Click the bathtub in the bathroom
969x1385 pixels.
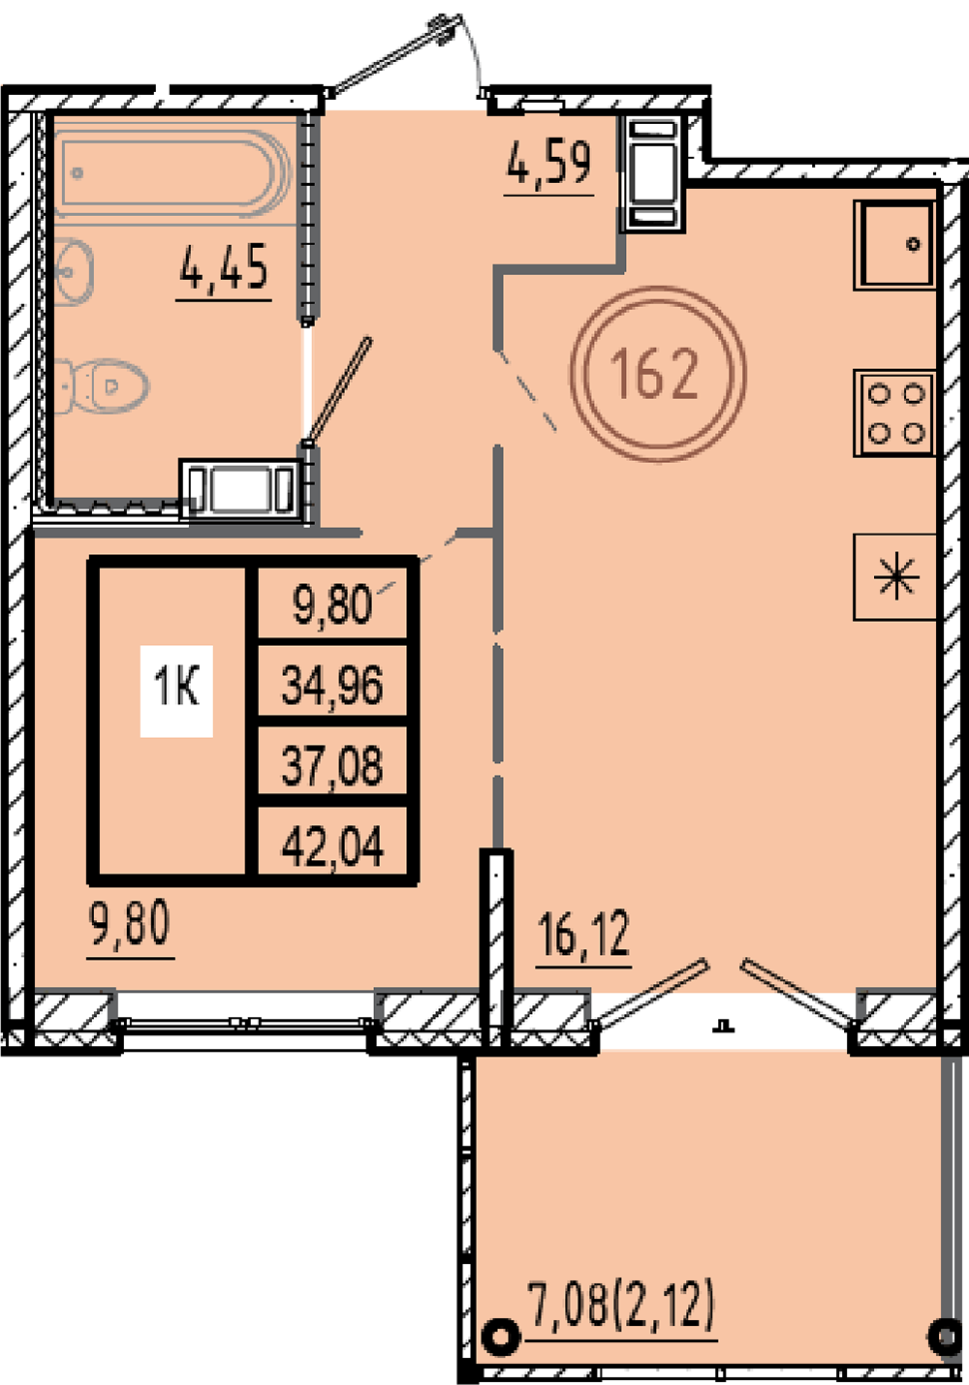pos(172,172)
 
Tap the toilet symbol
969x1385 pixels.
pos(102,386)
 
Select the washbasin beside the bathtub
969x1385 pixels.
pos(73,271)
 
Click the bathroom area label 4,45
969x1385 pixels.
pos(224,267)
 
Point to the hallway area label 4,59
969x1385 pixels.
pos(548,163)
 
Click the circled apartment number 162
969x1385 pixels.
pos(658,374)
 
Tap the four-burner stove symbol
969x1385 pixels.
pos(894,413)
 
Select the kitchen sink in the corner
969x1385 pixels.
pos(894,245)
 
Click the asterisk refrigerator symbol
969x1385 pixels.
pos(894,577)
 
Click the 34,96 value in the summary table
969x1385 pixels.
pos(332,686)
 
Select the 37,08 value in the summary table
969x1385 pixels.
pos(332,765)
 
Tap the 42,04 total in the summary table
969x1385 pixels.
pos(332,846)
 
